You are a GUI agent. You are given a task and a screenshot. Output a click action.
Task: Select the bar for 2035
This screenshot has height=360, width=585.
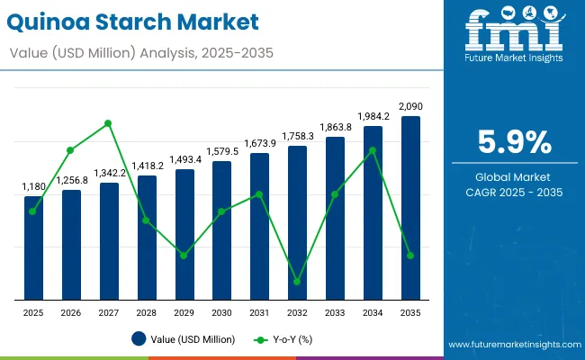[x=410, y=208]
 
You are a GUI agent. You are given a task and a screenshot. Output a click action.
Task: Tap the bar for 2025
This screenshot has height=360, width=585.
[x=33, y=247]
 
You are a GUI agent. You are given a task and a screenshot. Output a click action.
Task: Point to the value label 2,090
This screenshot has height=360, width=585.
[x=410, y=106]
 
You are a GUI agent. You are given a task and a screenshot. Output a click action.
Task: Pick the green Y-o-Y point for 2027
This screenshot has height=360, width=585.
[x=109, y=123]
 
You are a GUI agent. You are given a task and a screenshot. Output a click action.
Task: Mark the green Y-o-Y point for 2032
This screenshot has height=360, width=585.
[x=297, y=282]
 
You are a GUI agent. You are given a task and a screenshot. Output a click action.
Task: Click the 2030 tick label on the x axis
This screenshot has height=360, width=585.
[x=221, y=312]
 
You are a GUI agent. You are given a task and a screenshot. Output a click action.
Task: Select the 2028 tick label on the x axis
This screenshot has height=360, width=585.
[x=147, y=312]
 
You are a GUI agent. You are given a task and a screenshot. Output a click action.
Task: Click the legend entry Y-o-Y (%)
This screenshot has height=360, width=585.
[x=281, y=339]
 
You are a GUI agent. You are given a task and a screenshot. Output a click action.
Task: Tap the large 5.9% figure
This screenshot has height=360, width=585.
[x=512, y=142]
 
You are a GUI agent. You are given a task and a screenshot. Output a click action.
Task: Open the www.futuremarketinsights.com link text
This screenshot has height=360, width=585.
[x=512, y=345]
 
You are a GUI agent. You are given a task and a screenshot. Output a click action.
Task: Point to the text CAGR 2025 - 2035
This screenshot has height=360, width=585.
[x=512, y=193]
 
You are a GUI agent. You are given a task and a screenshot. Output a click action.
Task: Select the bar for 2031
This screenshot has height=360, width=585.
[x=259, y=226]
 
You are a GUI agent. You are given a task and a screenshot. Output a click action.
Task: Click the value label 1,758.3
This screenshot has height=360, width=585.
[x=297, y=136]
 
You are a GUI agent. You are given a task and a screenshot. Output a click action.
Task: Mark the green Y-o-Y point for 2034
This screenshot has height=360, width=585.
[x=373, y=150]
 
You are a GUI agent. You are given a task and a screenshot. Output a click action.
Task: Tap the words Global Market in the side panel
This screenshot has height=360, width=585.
[x=512, y=176]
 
